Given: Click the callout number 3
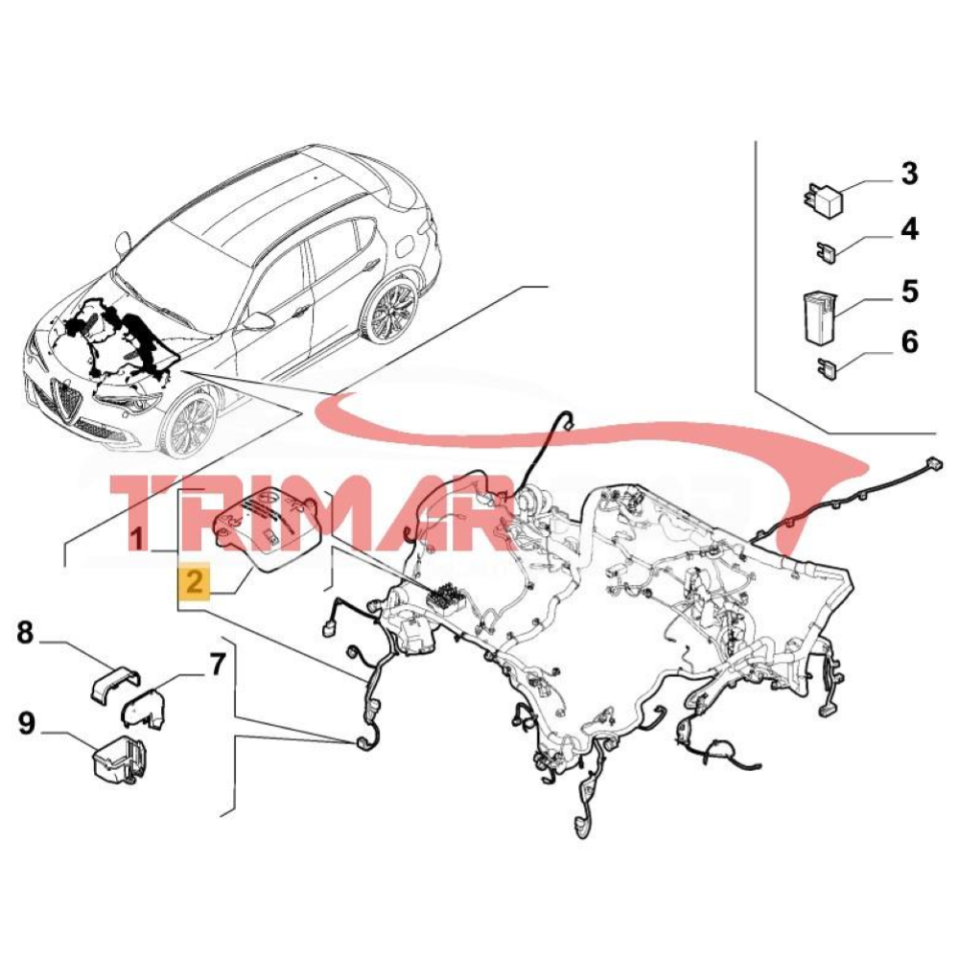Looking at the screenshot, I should pos(908,175).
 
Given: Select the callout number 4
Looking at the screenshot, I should pos(908,230).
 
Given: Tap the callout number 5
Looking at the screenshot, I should pos(908,292).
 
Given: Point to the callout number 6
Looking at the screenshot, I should pos(908,342).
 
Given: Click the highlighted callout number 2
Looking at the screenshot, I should pos(195,581).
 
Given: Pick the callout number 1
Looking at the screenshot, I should pos(139,539).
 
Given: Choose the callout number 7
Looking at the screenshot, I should pos(217,663).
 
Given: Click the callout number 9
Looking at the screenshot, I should pos(26,723).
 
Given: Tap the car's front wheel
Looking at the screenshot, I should pos(189,425).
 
